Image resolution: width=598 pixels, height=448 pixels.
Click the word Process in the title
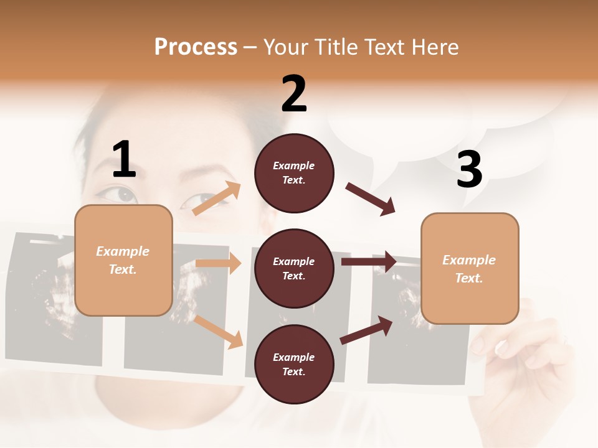tap(196, 47)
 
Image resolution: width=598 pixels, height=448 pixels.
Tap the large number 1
tap(124, 160)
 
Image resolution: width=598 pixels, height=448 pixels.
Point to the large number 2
tap(294, 94)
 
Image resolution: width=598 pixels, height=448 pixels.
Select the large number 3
tap(469, 170)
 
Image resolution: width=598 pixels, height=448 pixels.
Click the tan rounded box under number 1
tap(123, 260)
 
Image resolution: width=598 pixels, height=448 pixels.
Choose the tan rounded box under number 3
tap(470, 269)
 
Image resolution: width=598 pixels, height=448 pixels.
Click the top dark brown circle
tap(294, 173)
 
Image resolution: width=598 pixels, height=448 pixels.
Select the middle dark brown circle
tap(294, 269)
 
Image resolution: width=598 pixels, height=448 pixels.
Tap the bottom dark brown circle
tap(294, 365)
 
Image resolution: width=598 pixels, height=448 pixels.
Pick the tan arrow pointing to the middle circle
tap(218, 263)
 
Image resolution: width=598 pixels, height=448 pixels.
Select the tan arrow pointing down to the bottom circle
tap(219, 331)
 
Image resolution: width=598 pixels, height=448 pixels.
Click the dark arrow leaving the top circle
tap(371, 199)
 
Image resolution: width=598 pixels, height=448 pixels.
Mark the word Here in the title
tap(432, 47)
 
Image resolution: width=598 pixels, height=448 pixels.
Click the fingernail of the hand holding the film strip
tap(501, 347)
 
